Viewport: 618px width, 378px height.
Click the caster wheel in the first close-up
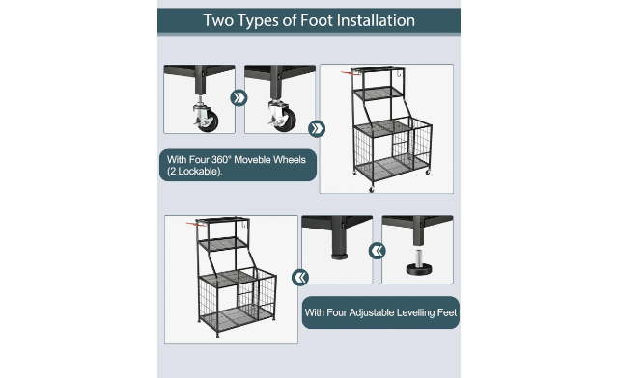[x=206, y=118]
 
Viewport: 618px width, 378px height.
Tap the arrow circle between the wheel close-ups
[x=239, y=98]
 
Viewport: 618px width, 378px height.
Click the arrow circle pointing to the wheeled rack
[x=317, y=128]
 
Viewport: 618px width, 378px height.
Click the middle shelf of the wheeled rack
[x=378, y=94]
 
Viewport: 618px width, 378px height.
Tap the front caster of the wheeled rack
[x=371, y=189]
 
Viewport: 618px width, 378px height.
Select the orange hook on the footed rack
[x=195, y=224]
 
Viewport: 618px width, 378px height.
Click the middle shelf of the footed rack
[x=223, y=244]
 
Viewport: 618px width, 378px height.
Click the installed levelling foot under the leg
[x=339, y=256]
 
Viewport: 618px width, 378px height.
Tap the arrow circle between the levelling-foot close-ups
[x=378, y=251]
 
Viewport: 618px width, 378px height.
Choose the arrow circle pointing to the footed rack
[x=300, y=277]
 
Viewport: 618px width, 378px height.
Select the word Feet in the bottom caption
[x=447, y=312]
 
